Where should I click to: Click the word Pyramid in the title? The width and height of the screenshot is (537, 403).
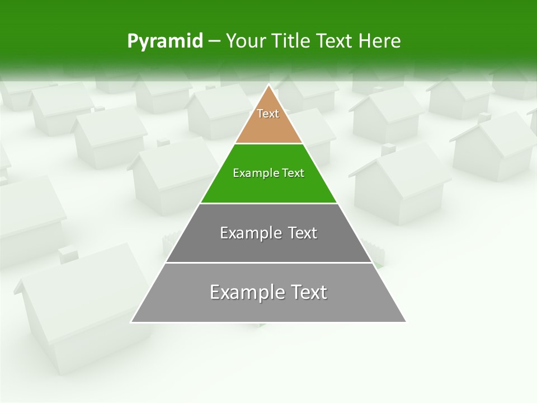(165, 41)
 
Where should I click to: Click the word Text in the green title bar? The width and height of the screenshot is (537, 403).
(335, 41)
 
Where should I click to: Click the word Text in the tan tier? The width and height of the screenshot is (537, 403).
(268, 114)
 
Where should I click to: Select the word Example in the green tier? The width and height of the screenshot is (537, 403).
(252, 173)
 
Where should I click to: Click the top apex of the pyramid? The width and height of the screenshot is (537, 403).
(268, 85)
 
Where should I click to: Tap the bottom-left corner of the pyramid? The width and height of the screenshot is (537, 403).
(131, 322)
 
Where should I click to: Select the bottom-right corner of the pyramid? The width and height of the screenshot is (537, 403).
(406, 322)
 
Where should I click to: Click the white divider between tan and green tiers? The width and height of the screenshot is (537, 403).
(268, 143)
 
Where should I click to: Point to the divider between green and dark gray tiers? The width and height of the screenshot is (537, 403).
(268, 203)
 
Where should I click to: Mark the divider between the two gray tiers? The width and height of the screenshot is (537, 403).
(268, 263)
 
